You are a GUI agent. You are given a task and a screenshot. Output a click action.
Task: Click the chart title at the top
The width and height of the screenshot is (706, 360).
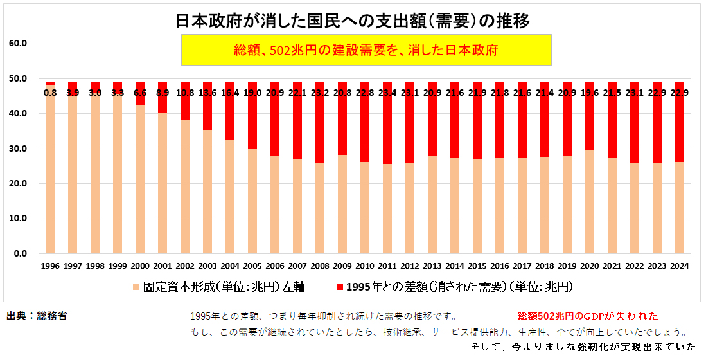(353, 21)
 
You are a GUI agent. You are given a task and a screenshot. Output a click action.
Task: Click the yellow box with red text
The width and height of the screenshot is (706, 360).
(366, 50)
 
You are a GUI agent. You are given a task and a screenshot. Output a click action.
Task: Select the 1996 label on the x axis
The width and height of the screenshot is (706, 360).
(50, 265)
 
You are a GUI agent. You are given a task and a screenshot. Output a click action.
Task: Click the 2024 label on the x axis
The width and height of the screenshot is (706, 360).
(680, 265)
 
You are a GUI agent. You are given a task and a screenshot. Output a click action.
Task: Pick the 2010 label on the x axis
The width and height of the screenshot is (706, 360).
(365, 265)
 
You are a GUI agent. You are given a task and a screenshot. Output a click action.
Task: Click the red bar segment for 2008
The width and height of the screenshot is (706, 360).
(320, 129)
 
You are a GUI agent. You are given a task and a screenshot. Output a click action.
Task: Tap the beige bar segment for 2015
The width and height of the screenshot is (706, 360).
(477, 206)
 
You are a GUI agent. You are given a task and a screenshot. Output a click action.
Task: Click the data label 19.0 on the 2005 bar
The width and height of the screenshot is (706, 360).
(252, 93)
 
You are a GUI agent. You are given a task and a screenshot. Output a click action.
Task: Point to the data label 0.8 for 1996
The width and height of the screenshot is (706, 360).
(50, 93)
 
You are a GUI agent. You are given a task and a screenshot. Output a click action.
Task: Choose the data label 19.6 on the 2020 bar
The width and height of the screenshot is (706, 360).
(590, 93)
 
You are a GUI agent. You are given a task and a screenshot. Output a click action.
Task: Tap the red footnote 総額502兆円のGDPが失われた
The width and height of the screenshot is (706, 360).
(588, 316)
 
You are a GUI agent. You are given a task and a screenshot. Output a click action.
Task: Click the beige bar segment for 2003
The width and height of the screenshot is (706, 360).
(207, 193)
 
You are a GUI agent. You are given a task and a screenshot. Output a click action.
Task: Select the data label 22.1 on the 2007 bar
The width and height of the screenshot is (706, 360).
(297, 93)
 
